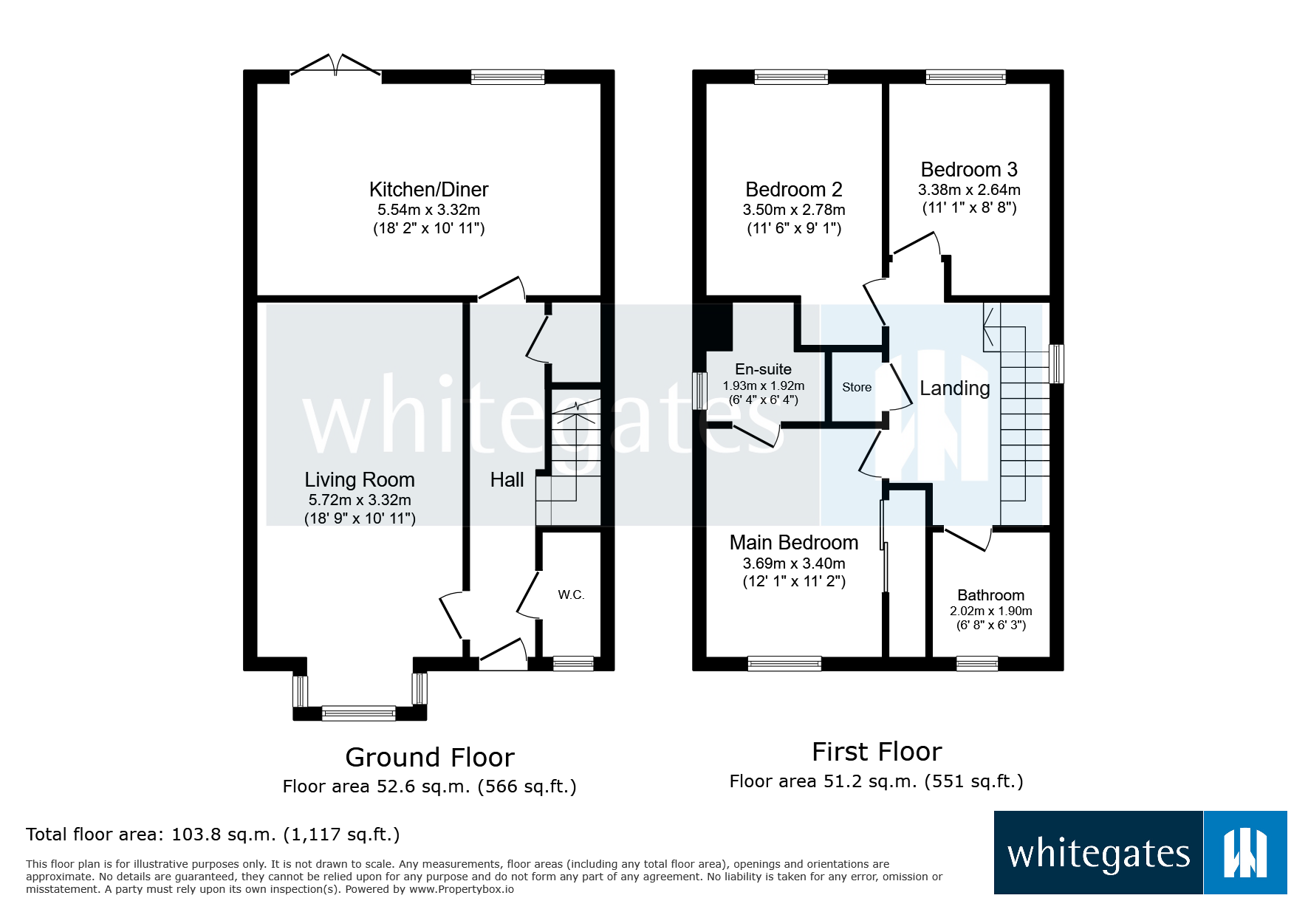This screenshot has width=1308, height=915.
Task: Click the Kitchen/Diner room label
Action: (428, 190)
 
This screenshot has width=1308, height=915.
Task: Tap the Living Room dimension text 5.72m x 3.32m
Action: (360, 500)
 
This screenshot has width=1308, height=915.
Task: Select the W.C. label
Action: (571, 594)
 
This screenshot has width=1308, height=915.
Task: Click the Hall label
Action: (507, 480)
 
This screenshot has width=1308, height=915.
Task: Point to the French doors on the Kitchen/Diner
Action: (336, 66)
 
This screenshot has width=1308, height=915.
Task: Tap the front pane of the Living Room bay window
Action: (359, 713)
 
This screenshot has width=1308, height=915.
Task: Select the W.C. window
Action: (573, 663)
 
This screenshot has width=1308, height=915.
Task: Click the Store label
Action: (857, 387)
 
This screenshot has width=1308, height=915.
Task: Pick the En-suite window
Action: (699, 391)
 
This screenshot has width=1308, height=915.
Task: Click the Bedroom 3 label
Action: (969, 170)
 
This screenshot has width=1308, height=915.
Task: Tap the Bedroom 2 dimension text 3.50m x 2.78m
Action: (794, 210)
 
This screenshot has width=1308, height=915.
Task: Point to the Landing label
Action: (954, 388)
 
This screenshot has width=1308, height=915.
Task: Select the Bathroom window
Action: (977, 663)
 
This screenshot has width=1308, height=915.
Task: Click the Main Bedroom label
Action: (794, 543)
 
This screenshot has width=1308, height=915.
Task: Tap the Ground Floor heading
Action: (430, 758)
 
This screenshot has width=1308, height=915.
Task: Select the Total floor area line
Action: (213, 835)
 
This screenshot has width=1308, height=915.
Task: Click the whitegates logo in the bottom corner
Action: (1140, 853)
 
